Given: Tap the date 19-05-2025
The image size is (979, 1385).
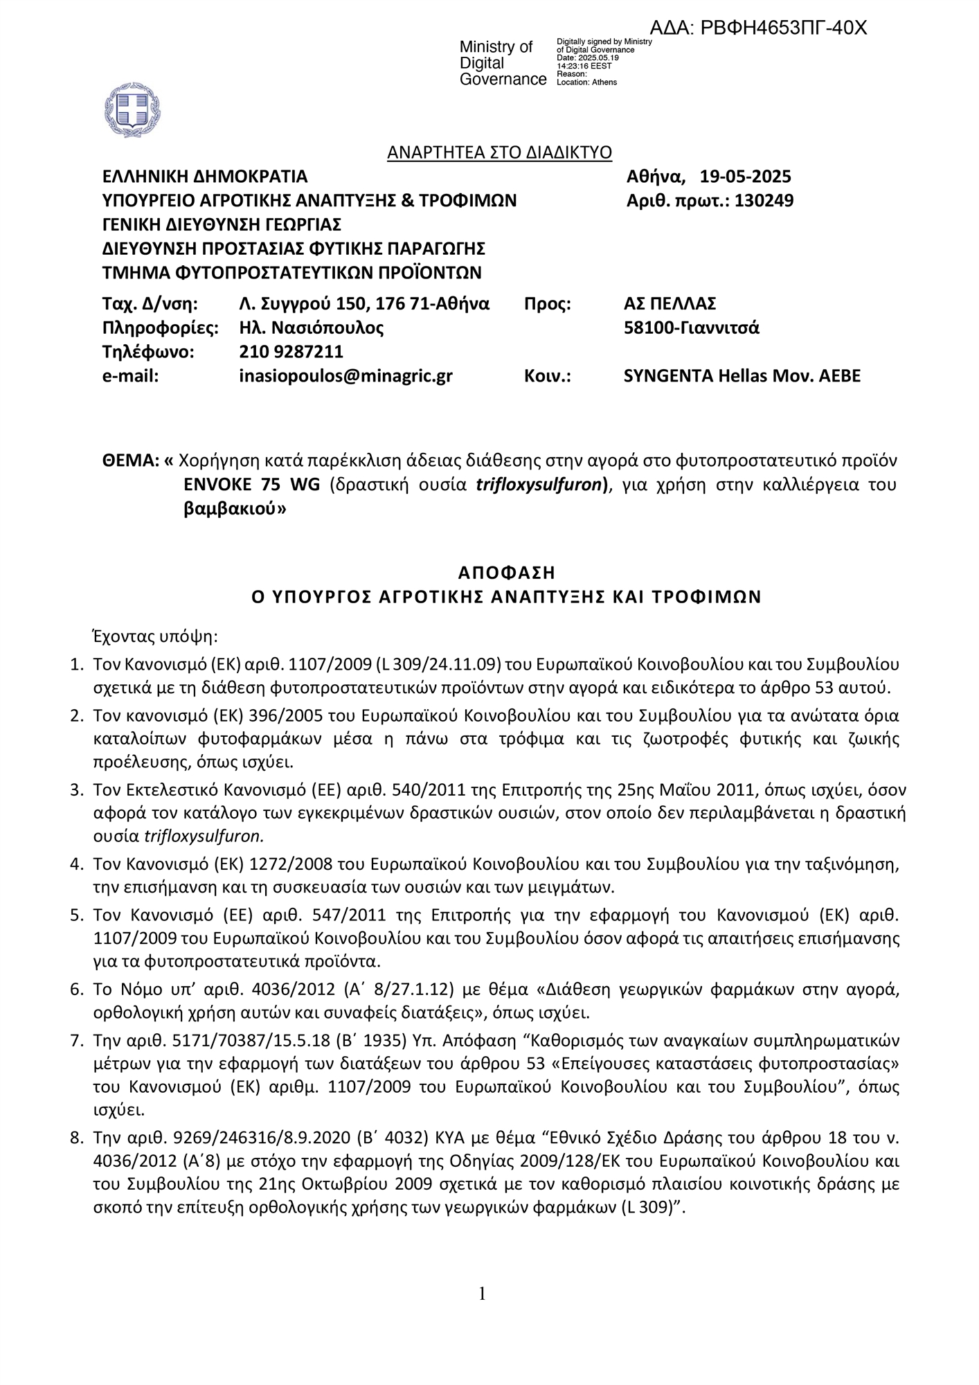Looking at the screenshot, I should (x=745, y=177).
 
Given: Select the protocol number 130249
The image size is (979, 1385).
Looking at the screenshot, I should (x=764, y=201).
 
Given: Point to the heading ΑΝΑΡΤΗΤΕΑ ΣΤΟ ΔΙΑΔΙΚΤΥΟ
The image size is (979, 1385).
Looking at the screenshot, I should (x=499, y=152).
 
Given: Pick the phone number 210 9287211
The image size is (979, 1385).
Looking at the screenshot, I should (x=291, y=352).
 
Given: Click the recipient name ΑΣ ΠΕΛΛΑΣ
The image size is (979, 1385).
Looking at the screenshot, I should (x=670, y=303).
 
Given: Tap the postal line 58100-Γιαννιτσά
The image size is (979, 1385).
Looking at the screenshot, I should (x=691, y=328).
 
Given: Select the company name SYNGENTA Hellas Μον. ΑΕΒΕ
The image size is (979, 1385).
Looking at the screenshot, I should (x=742, y=376).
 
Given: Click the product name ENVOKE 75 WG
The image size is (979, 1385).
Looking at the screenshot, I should (x=252, y=485).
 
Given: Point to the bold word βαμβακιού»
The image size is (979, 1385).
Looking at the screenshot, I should (x=235, y=509).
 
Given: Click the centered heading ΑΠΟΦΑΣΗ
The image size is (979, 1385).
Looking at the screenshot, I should (x=507, y=573).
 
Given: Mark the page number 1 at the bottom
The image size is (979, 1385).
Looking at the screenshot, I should (x=482, y=1294).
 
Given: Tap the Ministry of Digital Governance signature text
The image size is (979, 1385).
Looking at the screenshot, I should (x=503, y=63).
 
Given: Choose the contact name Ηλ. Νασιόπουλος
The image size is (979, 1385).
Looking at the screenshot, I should (x=311, y=328).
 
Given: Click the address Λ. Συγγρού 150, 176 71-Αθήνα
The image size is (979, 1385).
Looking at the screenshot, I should (x=364, y=303).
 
